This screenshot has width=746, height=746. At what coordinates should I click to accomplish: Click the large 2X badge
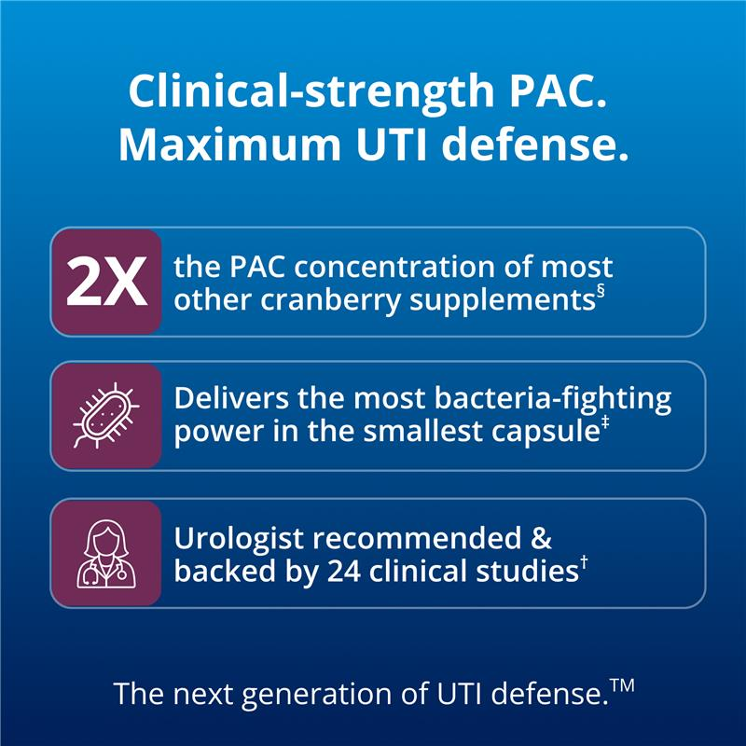point(106,282)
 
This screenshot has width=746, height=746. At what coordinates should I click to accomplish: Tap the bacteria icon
point(105,415)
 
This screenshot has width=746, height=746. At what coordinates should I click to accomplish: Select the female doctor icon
point(106,554)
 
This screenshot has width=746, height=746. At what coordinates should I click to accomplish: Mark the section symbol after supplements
point(601,291)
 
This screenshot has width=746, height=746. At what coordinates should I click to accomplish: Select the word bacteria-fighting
point(552,400)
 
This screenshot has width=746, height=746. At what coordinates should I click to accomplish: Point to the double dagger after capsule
point(605,422)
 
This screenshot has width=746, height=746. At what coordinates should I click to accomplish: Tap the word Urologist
point(239,540)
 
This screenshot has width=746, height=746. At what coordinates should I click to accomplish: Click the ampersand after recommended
point(541,539)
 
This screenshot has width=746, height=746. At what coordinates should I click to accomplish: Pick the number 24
point(343,572)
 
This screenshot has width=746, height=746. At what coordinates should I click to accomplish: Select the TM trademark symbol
point(622,686)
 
